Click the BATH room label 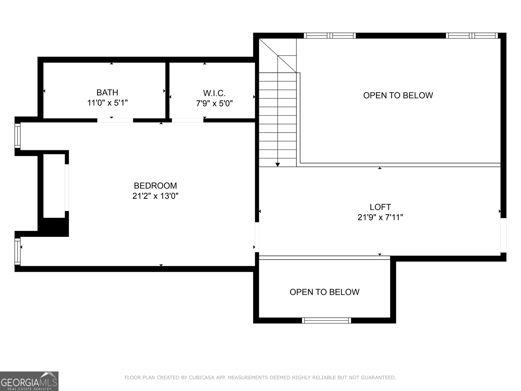click(107, 93)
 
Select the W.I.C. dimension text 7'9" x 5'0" click(214, 104)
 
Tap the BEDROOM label click(155, 186)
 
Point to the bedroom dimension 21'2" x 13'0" click(155, 196)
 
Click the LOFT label click(380, 207)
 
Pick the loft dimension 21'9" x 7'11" click(380, 217)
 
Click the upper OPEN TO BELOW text click(398, 95)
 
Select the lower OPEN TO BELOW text click(324, 292)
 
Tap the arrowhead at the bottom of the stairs click(277, 165)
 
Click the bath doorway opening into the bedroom click(115, 120)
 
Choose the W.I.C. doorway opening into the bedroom click(188, 120)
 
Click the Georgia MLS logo click(29, 381)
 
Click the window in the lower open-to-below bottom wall click(327, 320)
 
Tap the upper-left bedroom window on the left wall click(18, 136)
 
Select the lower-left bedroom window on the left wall click(18, 251)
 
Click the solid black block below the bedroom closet click(54, 227)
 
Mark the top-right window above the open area click(472, 36)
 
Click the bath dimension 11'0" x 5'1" click(107, 103)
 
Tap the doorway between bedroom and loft click(257, 237)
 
